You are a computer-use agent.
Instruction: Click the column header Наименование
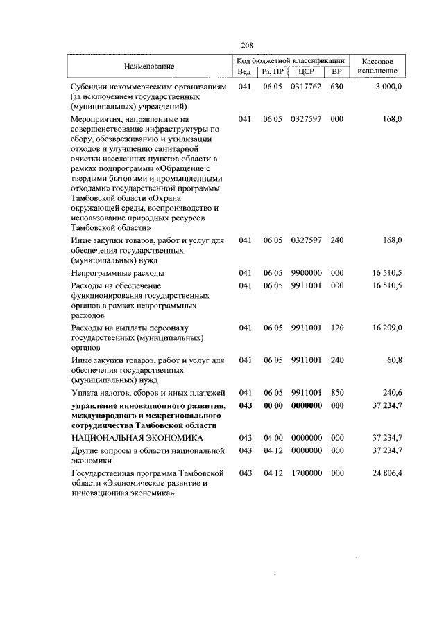pyautogui.click(x=149, y=66)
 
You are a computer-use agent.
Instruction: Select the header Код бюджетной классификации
pyautogui.click(x=290, y=61)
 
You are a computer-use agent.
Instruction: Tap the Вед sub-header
pyautogui.click(x=244, y=71)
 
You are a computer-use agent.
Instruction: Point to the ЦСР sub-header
pyautogui.click(x=306, y=71)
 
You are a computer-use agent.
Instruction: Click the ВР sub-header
pyautogui.click(x=336, y=71)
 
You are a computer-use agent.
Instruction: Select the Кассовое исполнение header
pyautogui.click(x=379, y=66)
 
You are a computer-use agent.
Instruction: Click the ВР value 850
pyautogui.click(x=337, y=394)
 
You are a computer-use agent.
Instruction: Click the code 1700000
pyautogui.click(x=306, y=473)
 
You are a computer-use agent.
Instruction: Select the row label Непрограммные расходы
pyautogui.click(x=117, y=274)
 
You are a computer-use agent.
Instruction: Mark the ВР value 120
pyautogui.click(x=337, y=328)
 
